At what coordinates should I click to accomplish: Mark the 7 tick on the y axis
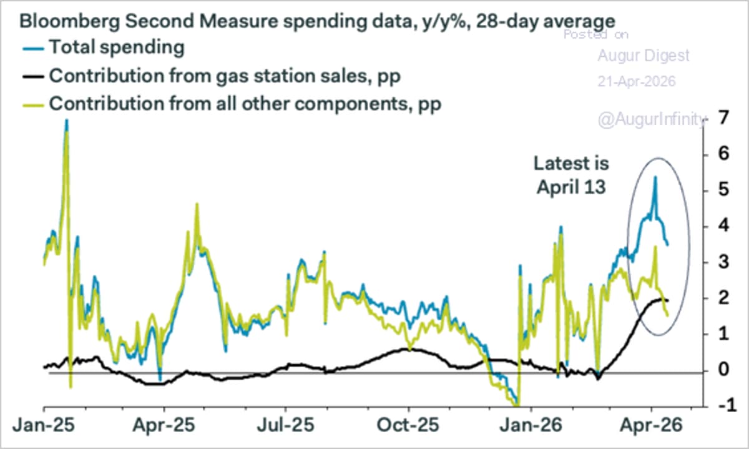(722, 117)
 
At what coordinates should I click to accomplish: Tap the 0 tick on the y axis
(722, 370)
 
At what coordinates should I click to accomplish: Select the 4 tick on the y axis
(722, 225)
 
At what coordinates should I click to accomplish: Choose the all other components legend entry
(245, 104)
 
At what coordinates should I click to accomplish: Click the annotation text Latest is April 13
(571, 175)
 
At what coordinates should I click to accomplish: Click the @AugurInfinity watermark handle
(652, 119)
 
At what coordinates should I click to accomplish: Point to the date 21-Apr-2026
(636, 82)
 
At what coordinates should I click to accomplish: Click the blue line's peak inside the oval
(655, 177)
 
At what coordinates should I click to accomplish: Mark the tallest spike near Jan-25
(66, 121)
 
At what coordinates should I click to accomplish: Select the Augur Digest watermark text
(644, 56)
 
